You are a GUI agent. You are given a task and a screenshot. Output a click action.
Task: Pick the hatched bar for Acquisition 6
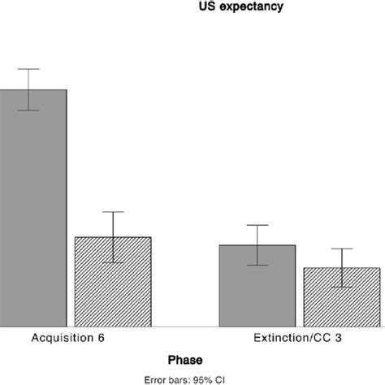coord(113,281)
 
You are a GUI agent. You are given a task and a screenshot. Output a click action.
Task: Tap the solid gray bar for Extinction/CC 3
coord(257,285)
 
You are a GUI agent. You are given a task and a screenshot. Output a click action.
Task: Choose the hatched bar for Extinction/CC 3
coord(342,296)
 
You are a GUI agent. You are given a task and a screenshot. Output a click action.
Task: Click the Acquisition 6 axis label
coord(68,337)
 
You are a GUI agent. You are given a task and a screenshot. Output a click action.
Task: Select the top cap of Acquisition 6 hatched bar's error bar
coord(113,212)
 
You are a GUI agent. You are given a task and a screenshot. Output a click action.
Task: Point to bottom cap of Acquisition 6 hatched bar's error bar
coord(113,262)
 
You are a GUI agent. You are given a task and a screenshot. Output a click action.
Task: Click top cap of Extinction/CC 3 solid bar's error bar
coord(257,225)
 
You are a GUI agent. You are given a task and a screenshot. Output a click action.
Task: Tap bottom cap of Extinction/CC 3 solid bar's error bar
coord(257,265)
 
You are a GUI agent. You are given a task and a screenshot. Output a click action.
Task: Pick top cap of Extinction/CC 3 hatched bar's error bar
coord(342,249)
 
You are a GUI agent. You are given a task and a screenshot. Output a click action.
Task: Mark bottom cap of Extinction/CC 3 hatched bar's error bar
coord(342,287)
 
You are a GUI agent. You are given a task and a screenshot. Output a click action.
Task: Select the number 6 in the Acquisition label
coord(100,337)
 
